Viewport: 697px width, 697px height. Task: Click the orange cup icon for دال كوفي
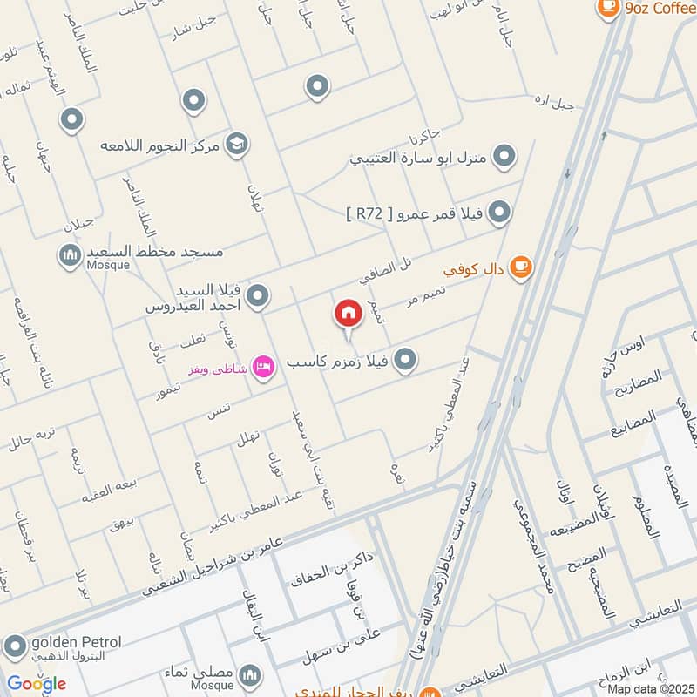(520, 267)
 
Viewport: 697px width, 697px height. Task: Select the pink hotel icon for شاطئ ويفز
(264, 367)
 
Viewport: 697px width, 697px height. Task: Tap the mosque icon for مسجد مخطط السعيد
(70, 256)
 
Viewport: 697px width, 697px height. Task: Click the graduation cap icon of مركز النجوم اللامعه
(235, 143)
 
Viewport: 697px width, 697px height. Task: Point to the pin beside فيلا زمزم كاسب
(404, 359)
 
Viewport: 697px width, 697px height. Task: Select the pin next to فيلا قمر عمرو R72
(498, 212)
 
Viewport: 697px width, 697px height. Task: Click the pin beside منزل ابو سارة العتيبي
(504, 157)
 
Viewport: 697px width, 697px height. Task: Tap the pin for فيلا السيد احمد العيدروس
(256, 298)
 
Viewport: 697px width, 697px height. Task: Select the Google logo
(37, 684)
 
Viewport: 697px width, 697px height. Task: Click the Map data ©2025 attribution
(651, 688)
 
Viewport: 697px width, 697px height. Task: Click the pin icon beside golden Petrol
(14, 646)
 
